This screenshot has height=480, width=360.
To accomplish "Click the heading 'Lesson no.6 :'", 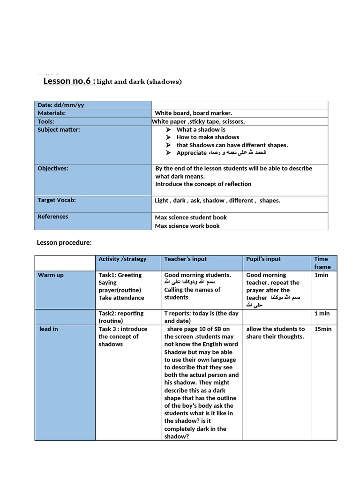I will pos(69,82).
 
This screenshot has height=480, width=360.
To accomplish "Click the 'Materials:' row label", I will pos(52,113).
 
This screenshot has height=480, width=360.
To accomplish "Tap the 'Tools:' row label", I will pos(46,121).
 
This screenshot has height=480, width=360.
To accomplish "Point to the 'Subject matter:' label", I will pos(59,129).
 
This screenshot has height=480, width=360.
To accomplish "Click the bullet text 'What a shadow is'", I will pos(201,129).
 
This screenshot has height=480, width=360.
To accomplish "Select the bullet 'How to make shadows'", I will pos(208,137).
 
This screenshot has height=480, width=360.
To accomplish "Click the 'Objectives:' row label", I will pos(53,168).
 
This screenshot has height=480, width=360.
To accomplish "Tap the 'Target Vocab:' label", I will pos(57,200).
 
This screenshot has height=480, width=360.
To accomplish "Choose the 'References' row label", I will pos(52,217).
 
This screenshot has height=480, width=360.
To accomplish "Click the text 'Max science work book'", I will pos(187,225).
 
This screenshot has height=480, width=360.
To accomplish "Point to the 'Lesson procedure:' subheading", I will pos(64,242).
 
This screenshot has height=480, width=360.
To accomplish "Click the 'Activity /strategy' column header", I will pos(122,259).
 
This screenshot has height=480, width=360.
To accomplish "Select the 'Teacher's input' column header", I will pos(185,259).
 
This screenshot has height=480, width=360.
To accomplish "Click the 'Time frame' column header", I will pos(322,262).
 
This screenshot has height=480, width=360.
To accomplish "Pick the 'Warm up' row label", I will pos(51,275).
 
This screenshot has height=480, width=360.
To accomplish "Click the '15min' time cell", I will pos(322,329).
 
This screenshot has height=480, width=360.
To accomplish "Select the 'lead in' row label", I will pos(49,329).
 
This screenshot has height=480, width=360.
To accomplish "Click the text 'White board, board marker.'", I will pos(194,113).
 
